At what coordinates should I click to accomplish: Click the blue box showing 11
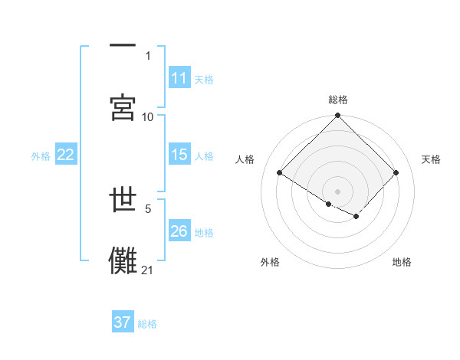pos(179,78)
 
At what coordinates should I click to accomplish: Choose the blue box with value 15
pos(179,155)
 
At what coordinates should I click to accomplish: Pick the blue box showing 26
pos(179,231)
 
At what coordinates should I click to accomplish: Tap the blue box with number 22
pos(66,155)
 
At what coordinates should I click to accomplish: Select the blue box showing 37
pos(123,322)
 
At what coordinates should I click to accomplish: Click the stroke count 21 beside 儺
pos(148,270)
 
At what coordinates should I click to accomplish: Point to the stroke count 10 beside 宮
pos(148,116)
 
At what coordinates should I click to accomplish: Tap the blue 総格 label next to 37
pos(147,324)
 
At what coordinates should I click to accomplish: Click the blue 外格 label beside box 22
pos(41,156)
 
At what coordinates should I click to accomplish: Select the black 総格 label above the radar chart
pos(338,100)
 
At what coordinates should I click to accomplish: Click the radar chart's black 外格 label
pos(270,262)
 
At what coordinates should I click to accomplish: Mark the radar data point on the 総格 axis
pos(338,116)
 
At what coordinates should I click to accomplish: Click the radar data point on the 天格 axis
pos(396,172)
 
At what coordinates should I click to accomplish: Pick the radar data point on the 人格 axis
pos(280,172)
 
